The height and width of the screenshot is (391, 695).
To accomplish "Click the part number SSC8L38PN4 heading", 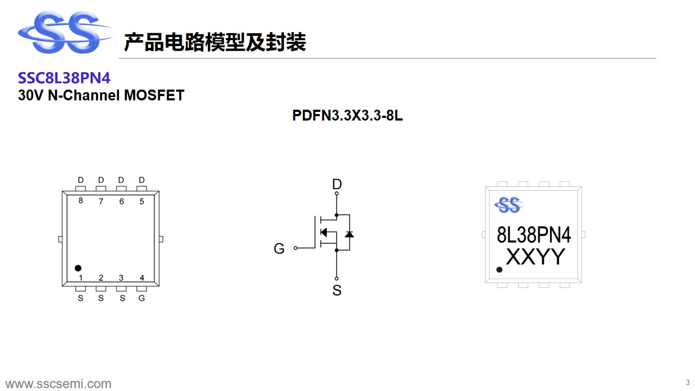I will click(x=64, y=78).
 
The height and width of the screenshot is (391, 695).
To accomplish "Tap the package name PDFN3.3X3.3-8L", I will click(x=347, y=116).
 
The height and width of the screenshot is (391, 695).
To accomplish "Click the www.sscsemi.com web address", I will click(x=59, y=384).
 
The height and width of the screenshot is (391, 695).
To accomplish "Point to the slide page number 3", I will click(x=687, y=382).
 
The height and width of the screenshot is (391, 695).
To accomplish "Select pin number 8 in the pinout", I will click(x=80, y=201).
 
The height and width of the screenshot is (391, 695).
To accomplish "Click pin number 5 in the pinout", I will click(x=142, y=201).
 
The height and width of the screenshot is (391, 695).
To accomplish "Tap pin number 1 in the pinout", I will click(x=80, y=278).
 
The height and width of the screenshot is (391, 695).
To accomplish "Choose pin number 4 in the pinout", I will click(x=142, y=278).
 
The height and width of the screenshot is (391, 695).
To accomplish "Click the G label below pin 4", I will click(x=142, y=298).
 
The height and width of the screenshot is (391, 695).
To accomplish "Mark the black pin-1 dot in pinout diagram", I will click(x=78, y=268).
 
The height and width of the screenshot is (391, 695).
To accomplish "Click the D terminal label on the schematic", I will click(x=337, y=184).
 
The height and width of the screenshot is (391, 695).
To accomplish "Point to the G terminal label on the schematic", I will click(x=279, y=249).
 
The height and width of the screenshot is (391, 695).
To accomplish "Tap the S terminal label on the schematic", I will click(x=337, y=291).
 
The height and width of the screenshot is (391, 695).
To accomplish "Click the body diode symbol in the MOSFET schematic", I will click(x=349, y=234).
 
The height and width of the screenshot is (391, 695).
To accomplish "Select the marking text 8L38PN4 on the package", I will click(x=534, y=235).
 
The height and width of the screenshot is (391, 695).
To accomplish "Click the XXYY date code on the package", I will click(x=536, y=257).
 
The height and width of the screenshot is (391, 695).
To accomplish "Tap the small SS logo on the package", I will click(x=508, y=205).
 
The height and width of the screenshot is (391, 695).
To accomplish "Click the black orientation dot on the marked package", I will click(x=500, y=269).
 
